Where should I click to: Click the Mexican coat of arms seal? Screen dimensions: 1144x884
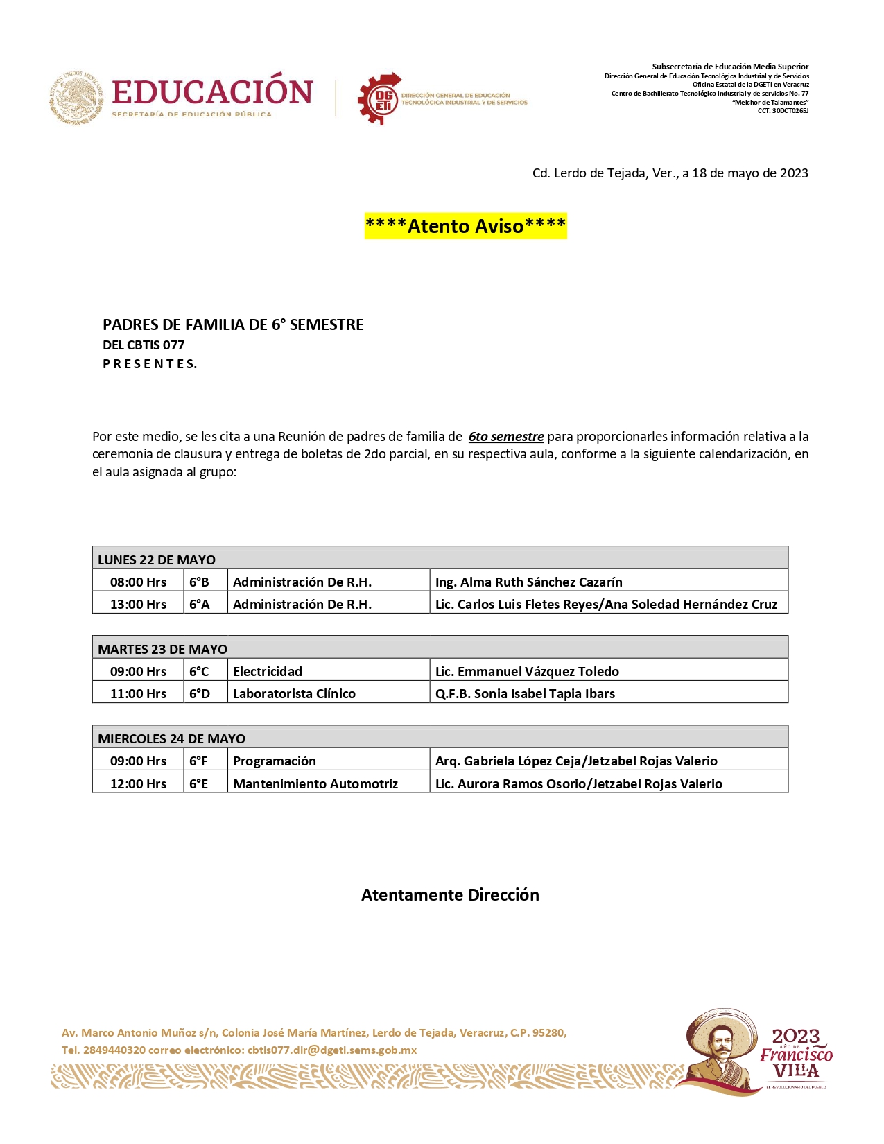[76, 98]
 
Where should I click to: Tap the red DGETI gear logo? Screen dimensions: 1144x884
[379, 98]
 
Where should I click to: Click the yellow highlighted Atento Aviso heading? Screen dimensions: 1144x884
[465, 226]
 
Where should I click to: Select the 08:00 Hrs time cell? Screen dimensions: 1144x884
[138, 582]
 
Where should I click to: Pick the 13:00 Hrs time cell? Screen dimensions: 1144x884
[138, 604]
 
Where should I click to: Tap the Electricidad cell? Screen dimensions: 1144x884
[268, 671]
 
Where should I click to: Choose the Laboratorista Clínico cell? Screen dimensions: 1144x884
[294, 693]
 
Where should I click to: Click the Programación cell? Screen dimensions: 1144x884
[275, 761]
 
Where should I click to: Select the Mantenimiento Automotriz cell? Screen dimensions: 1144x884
[315, 783]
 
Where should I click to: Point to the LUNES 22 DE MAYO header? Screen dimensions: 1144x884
[157, 560]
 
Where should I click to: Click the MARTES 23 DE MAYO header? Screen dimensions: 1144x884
[162, 649]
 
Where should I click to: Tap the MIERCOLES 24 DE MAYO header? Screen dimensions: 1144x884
[171, 738]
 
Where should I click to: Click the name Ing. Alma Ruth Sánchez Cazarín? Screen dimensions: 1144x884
[528, 582]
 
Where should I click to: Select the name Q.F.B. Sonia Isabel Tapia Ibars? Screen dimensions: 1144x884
[525, 693]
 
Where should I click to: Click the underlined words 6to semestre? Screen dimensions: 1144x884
[506, 437]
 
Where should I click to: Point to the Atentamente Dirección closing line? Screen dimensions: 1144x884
[450, 895]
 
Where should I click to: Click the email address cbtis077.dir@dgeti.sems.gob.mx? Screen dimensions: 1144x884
[332, 1050]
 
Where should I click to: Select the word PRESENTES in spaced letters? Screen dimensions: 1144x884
[150, 364]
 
